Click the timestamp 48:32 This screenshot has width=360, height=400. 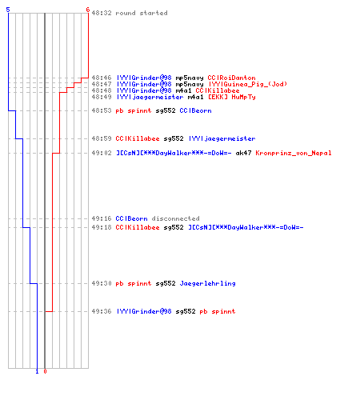102,13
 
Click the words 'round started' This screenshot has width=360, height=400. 142,13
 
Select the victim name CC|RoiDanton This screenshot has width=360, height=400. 231,78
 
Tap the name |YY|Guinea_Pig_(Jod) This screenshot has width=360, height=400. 248,84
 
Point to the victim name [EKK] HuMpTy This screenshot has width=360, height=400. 232,97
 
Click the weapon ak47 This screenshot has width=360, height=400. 243,153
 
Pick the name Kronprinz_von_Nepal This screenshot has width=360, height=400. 294,153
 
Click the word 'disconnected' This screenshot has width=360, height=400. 175,218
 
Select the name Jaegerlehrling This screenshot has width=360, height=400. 207,283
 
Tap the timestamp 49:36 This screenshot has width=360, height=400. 102,311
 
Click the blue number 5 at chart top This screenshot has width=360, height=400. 8,10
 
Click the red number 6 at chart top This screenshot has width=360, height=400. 88,10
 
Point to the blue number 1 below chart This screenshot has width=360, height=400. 37,371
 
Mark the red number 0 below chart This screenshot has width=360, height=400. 45,371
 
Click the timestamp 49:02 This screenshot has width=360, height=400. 102,153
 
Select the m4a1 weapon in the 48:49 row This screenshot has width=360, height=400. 195,97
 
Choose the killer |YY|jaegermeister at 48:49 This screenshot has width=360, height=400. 150,97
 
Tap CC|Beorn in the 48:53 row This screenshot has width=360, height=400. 195,110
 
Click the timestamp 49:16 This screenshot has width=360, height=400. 102,218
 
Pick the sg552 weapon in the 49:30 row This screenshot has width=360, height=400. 166,283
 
